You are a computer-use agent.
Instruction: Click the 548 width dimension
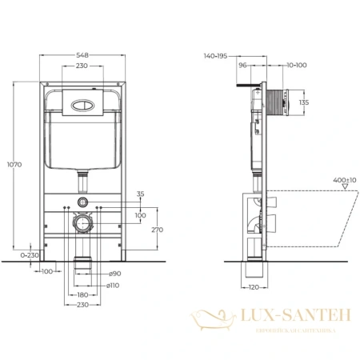(x=83, y=57)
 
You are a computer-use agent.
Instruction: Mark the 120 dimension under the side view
(x=252, y=286)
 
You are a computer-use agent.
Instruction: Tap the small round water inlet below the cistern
(x=83, y=202)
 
